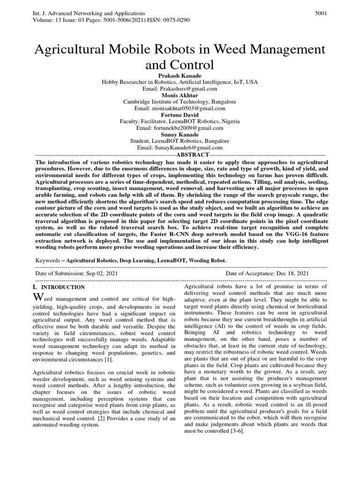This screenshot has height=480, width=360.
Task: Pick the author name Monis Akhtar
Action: click(x=180, y=95)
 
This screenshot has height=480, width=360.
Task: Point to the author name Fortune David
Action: click(x=180, y=114)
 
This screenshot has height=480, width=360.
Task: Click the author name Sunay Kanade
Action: click(x=180, y=134)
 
